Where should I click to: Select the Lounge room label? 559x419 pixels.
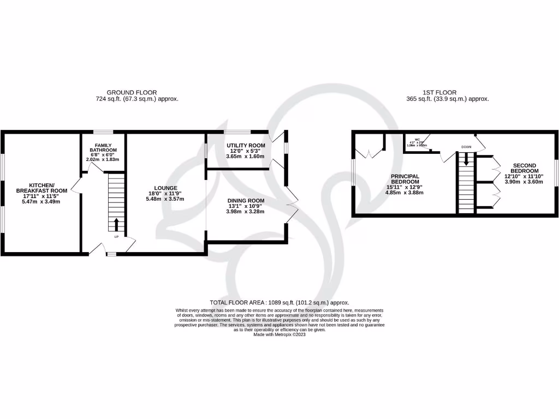(165, 188)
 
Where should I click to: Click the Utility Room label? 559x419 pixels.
(246, 145)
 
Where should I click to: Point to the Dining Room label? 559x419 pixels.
(246, 200)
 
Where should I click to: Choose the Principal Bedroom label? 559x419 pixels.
(405, 179)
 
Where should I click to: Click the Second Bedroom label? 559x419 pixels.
(525, 169)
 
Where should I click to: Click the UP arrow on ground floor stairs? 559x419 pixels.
(116, 224)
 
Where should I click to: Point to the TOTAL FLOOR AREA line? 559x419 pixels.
(279, 302)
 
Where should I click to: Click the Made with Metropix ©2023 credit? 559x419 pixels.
(279, 334)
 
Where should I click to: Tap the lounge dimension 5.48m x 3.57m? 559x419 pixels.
(165, 199)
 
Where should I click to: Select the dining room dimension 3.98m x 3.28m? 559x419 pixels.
(246, 212)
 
